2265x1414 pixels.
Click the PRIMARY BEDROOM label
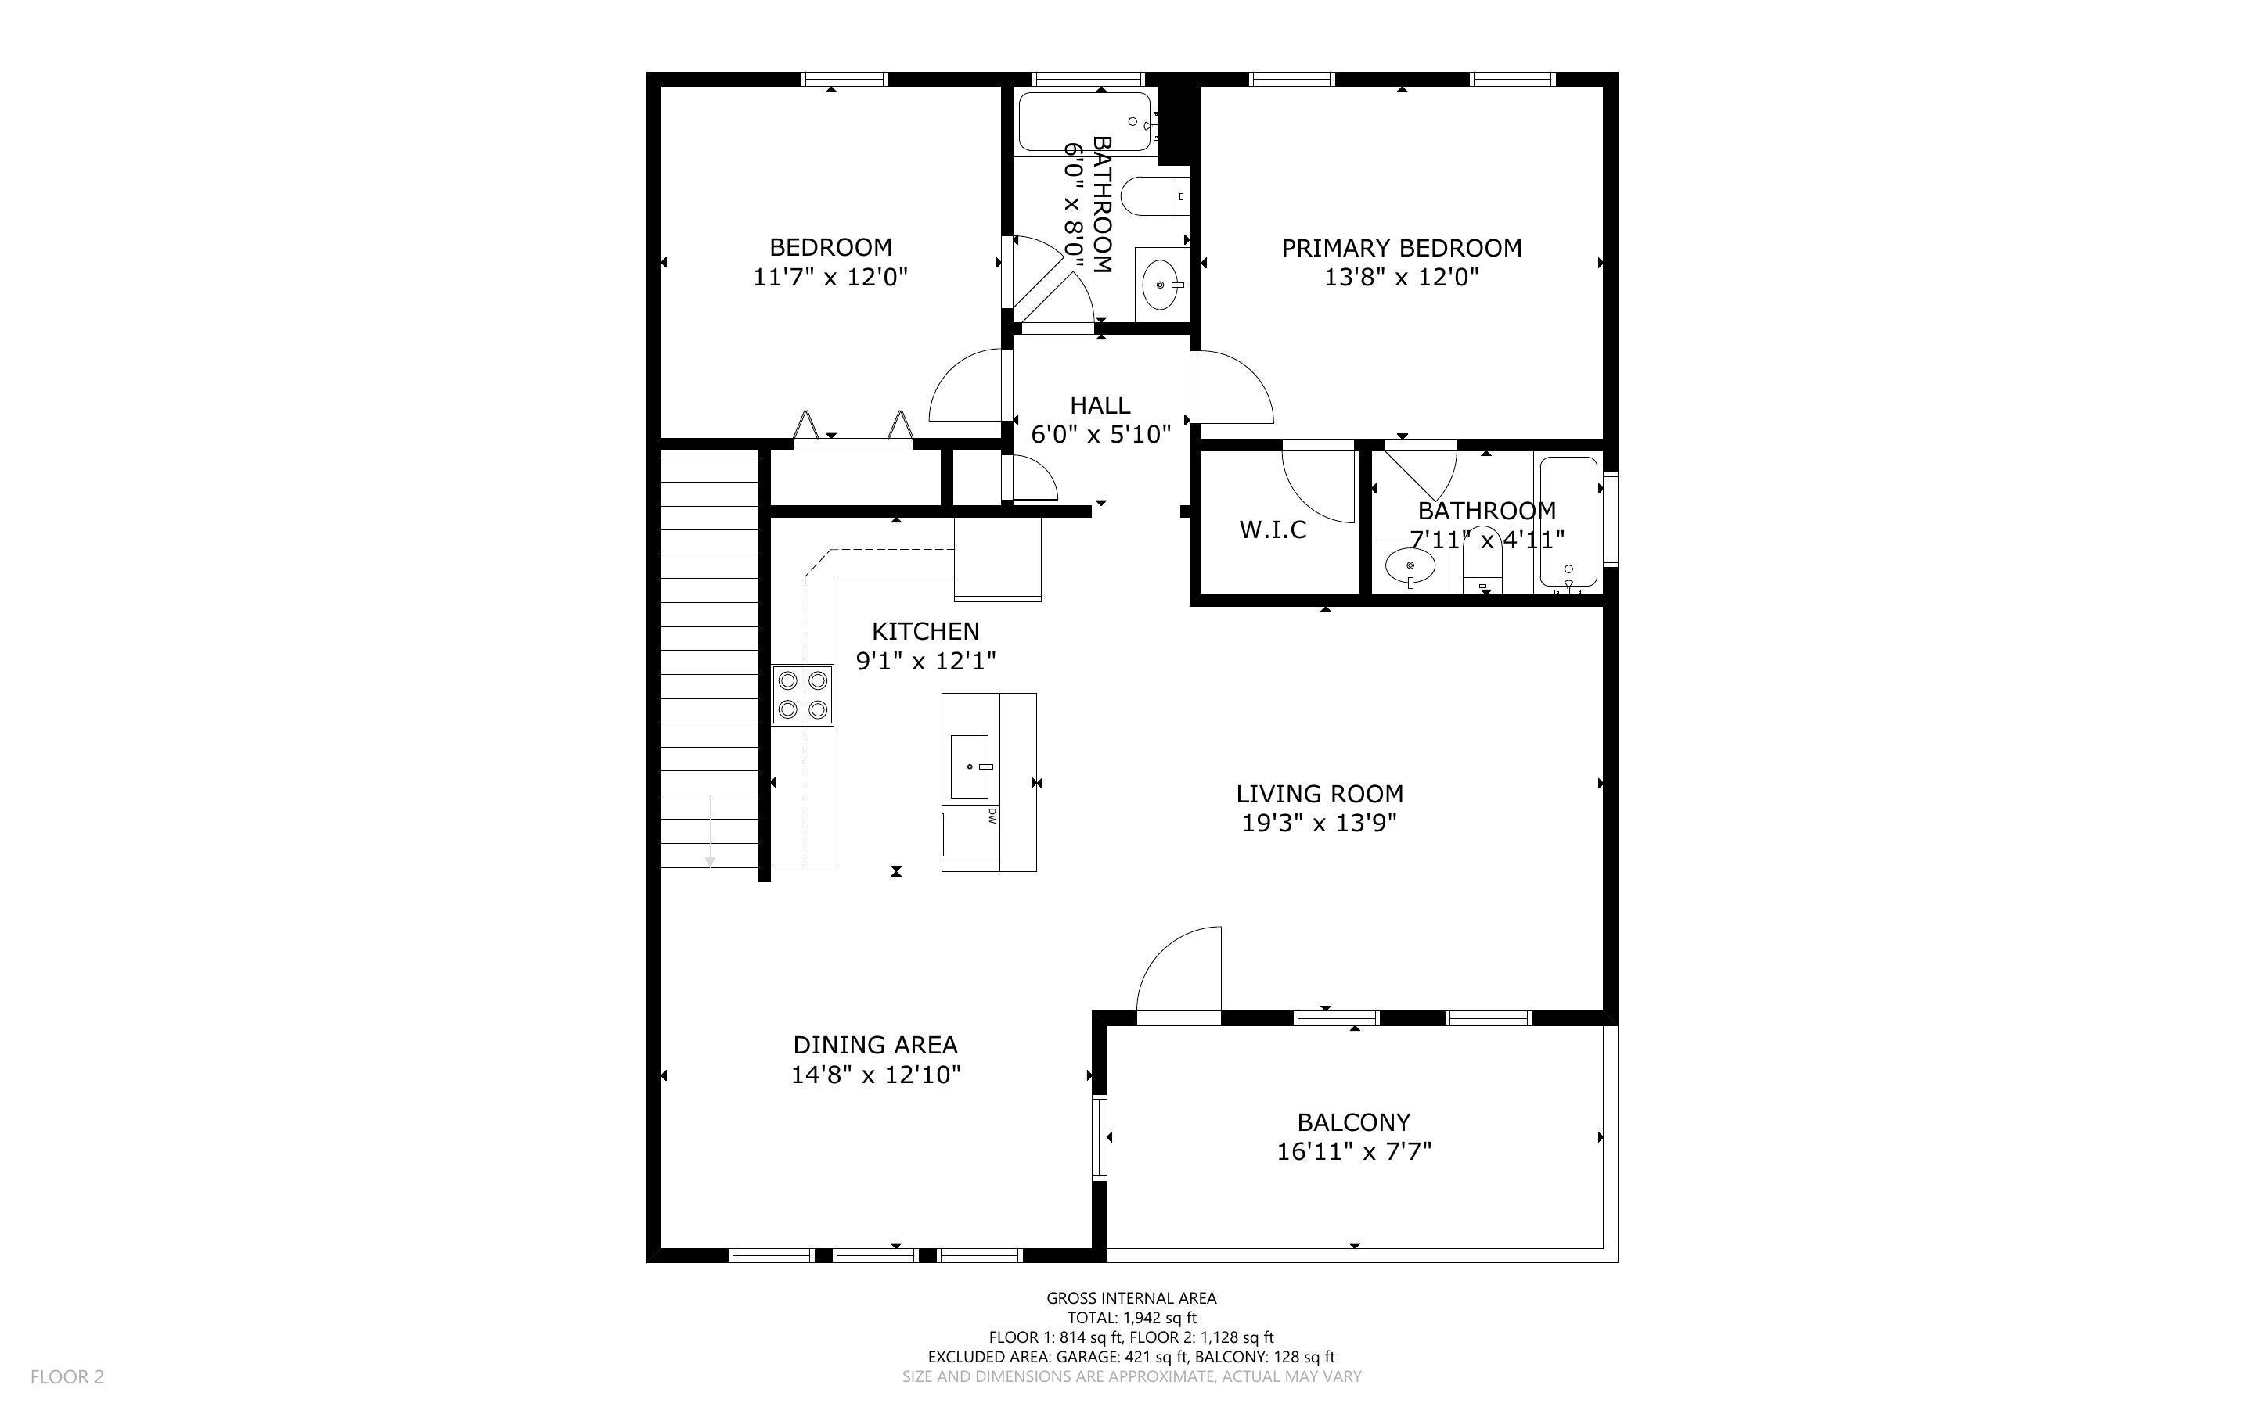point(1402,248)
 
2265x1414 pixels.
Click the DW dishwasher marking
point(991,816)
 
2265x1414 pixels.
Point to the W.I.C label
point(1273,530)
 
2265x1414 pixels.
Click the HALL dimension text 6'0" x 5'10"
point(1101,434)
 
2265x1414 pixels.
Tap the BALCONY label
point(1354,1122)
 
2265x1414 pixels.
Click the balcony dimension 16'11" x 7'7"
point(1354,1151)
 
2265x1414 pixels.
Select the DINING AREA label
point(876,1045)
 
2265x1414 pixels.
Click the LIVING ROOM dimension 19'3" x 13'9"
point(1319,823)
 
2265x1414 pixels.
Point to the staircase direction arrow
point(710,831)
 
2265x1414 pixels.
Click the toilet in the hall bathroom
point(1155,196)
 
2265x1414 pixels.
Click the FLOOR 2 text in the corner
point(67,1376)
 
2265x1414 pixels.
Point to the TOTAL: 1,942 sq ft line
point(1132,1318)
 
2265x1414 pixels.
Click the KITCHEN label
point(926,631)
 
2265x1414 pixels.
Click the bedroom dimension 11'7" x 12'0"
point(830,277)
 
